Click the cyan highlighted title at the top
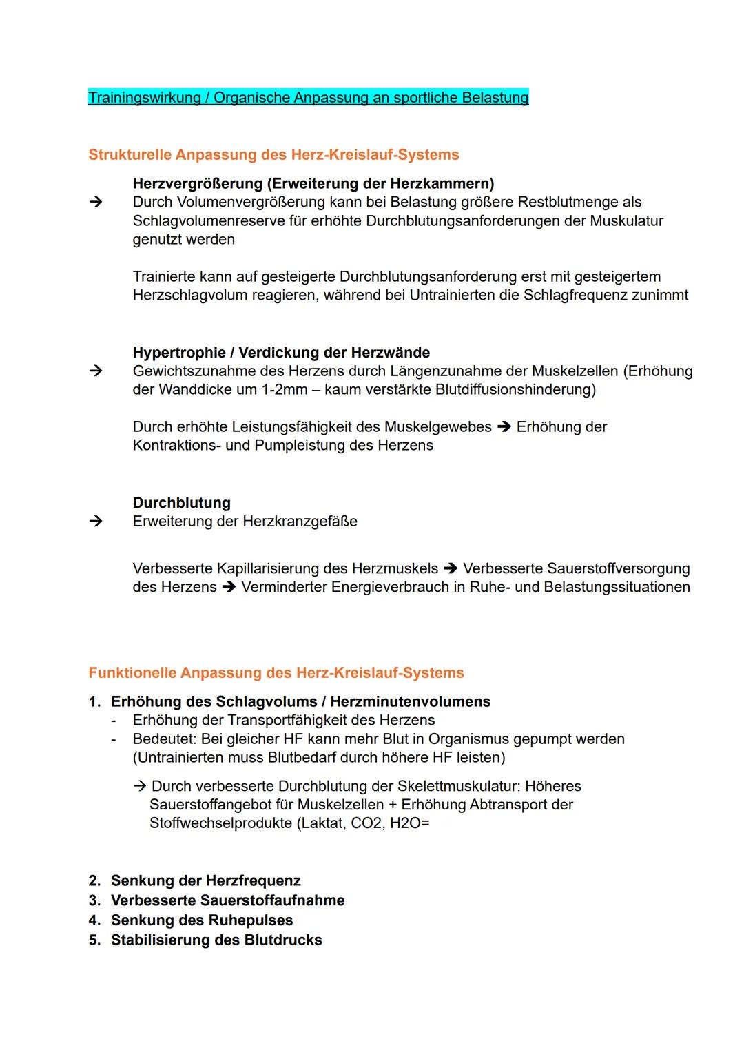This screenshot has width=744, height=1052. (x=308, y=98)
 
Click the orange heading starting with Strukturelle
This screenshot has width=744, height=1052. (x=273, y=154)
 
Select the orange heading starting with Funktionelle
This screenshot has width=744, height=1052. (x=276, y=672)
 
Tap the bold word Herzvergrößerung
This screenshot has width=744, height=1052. (x=198, y=184)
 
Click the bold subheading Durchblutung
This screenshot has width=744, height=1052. (x=182, y=503)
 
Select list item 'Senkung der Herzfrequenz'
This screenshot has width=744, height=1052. (x=205, y=881)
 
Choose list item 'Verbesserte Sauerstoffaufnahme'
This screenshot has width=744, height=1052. (x=227, y=900)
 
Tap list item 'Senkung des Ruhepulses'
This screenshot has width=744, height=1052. (x=202, y=920)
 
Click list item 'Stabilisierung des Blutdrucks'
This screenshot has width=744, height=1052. (x=216, y=940)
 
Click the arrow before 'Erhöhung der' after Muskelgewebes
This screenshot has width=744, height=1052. (x=504, y=427)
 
